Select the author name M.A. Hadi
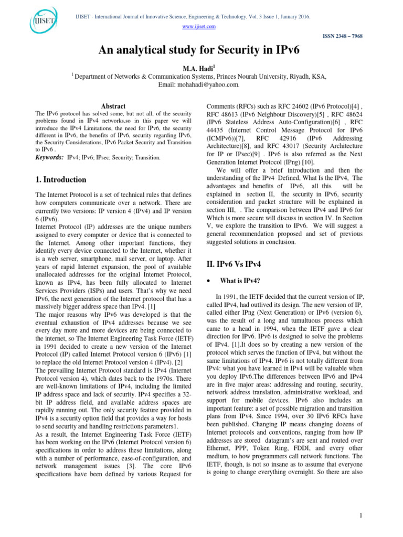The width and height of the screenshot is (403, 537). tap(201, 67)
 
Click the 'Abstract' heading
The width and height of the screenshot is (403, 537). tap(113, 106)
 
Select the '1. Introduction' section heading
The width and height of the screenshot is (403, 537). tap(60, 180)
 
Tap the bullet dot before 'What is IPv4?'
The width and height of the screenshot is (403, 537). tap(209, 282)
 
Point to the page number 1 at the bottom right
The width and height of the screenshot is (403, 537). tap(361, 516)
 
